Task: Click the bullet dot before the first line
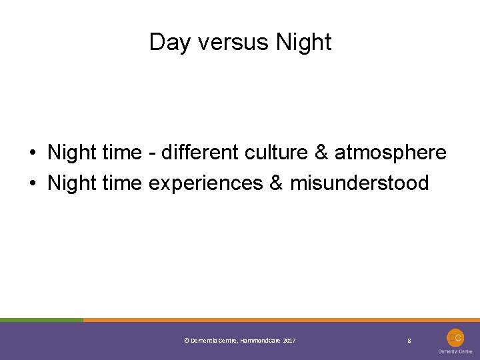coord(33,153)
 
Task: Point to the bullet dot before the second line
coord(33,183)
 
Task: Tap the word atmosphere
coord(390,153)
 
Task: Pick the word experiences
coord(206,183)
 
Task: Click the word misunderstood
coord(359,183)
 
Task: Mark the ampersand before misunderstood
coord(275,183)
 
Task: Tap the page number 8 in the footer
coord(409,341)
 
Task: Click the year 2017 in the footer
coord(289,341)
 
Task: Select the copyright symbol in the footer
coord(186,341)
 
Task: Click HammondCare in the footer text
coord(260,341)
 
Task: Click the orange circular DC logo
coord(455,337)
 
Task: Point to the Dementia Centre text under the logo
coord(455,351)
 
